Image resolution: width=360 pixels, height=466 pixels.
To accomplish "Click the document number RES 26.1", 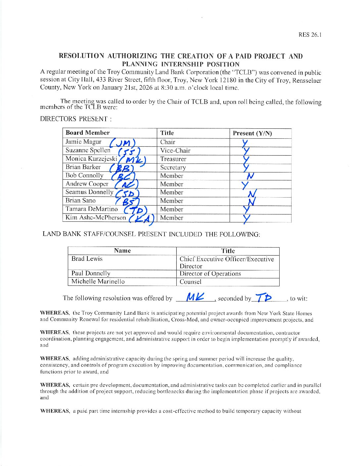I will click(310, 35).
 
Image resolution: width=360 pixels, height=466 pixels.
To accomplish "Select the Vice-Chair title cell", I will click(175, 151).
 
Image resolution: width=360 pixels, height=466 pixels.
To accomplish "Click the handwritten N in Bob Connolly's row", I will click(250, 176).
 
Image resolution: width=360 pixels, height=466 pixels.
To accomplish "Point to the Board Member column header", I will click(87, 133).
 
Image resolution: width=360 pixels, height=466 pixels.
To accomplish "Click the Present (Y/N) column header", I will click(252, 133).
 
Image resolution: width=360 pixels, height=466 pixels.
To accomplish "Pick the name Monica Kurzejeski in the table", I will click(91, 159).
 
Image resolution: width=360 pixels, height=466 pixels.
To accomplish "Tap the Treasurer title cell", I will click(173, 159).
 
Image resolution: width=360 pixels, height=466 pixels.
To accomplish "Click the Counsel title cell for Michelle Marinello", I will click(190, 282).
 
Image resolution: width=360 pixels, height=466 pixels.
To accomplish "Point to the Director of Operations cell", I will click(210, 274).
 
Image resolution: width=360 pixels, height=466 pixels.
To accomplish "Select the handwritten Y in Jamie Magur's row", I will click(245, 143).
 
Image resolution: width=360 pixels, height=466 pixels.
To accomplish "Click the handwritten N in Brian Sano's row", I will click(251, 201).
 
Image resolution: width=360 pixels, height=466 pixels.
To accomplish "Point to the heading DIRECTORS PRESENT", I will click(76, 119).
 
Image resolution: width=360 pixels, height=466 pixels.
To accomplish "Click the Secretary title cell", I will click(173, 167).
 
